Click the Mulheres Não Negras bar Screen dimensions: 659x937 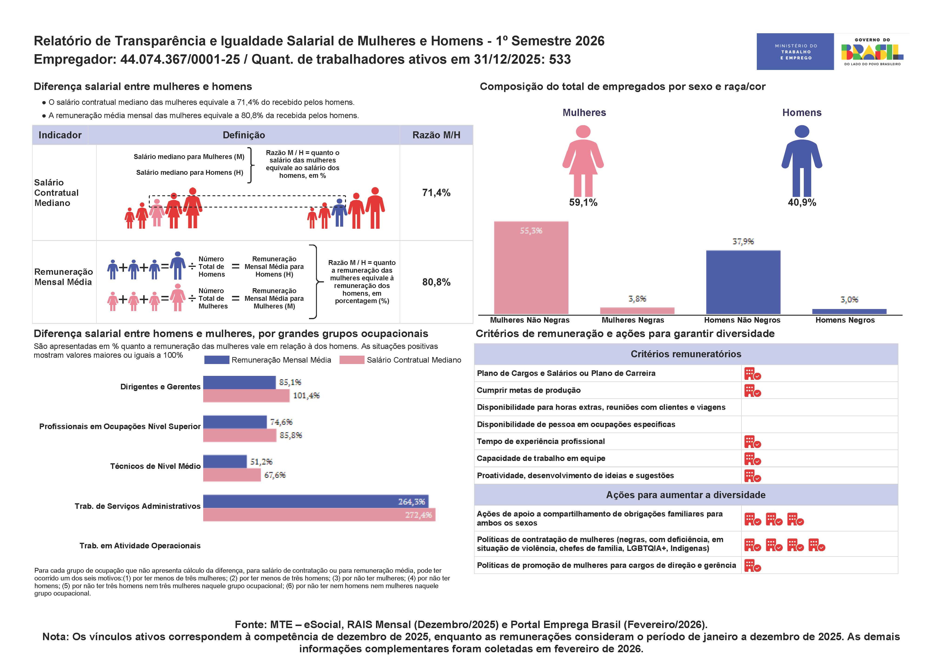[x=531, y=268]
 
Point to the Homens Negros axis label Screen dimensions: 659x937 [x=845, y=320]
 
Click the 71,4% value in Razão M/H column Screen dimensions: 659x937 [x=436, y=193]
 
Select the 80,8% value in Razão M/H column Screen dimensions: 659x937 [x=436, y=282]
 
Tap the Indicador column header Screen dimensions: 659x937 [x=60, y=135]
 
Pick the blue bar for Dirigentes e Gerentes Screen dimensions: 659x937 [x=239, y=382]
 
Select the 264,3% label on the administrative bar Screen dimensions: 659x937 [x=411, y=501]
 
